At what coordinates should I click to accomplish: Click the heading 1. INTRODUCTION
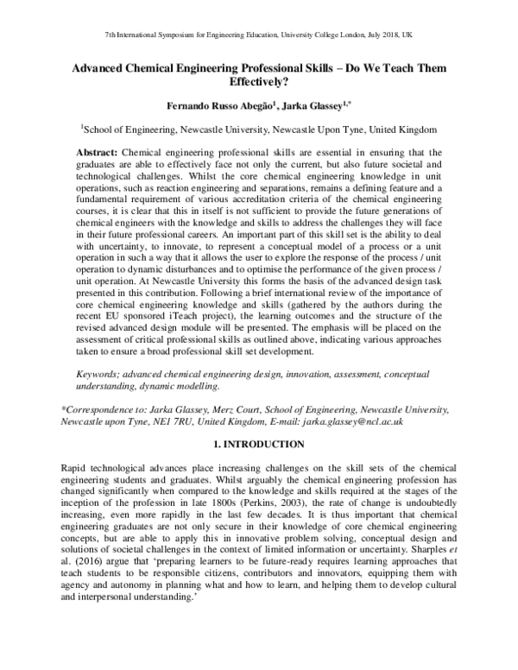tap(259, 444)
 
